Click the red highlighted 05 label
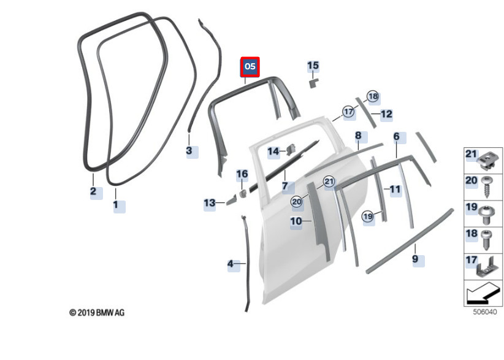(250, 67)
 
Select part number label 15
(313, 66)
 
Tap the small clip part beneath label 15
(312, 82)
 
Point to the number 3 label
(189, 150)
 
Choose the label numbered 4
(231, 264)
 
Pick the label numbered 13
(210, 203)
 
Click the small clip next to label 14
(291, 148)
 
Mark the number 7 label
(284, 185)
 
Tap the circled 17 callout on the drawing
(349, 112)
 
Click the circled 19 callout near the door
(367, 216)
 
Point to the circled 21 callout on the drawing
(329, 182)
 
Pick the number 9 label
(415, 260)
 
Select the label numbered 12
(386, 114)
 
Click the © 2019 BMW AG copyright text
(96, 313)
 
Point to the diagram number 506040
(484, 312)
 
